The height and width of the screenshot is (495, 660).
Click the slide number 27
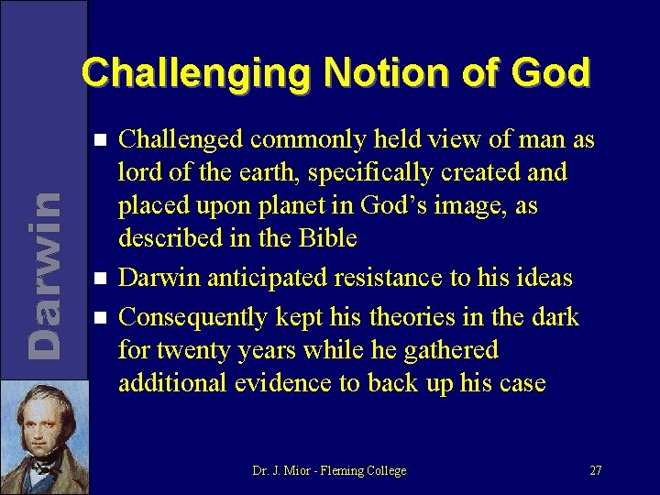point(595,471)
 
